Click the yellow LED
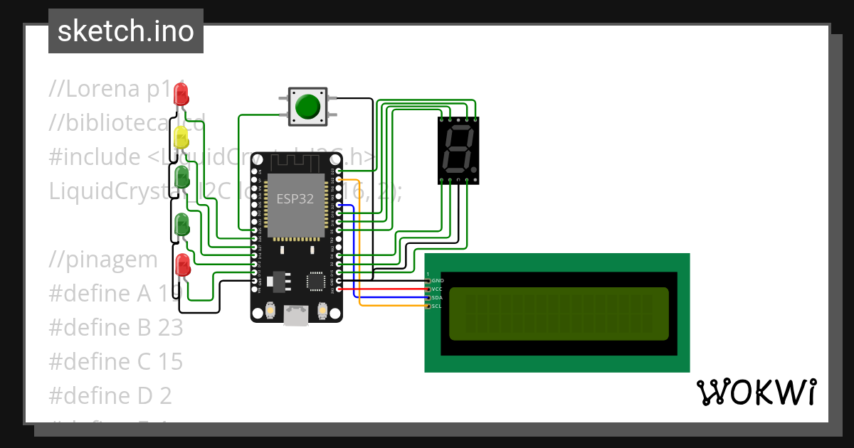click(181, 137)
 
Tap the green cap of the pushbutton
click(307, 107)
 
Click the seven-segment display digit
click(457, 150)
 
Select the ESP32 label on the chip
click(295, 199)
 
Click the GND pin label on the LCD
click(438, 281)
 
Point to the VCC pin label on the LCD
click(438, 289)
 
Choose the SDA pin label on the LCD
click(438, 297)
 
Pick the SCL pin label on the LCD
click(437, 306)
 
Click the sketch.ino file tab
click(126, 31)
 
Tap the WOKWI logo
click(756, 392)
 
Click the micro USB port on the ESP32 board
click(297, 316)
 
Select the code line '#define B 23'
click(115, 328)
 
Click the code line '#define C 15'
click(115, 361)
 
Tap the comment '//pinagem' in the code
click(103, 260)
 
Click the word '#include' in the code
click(95, 156)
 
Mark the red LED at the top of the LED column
click(181, 92)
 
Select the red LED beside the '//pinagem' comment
click(182, 264)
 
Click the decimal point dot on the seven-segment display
click(473, 171)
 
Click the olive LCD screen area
click(559, 314)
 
